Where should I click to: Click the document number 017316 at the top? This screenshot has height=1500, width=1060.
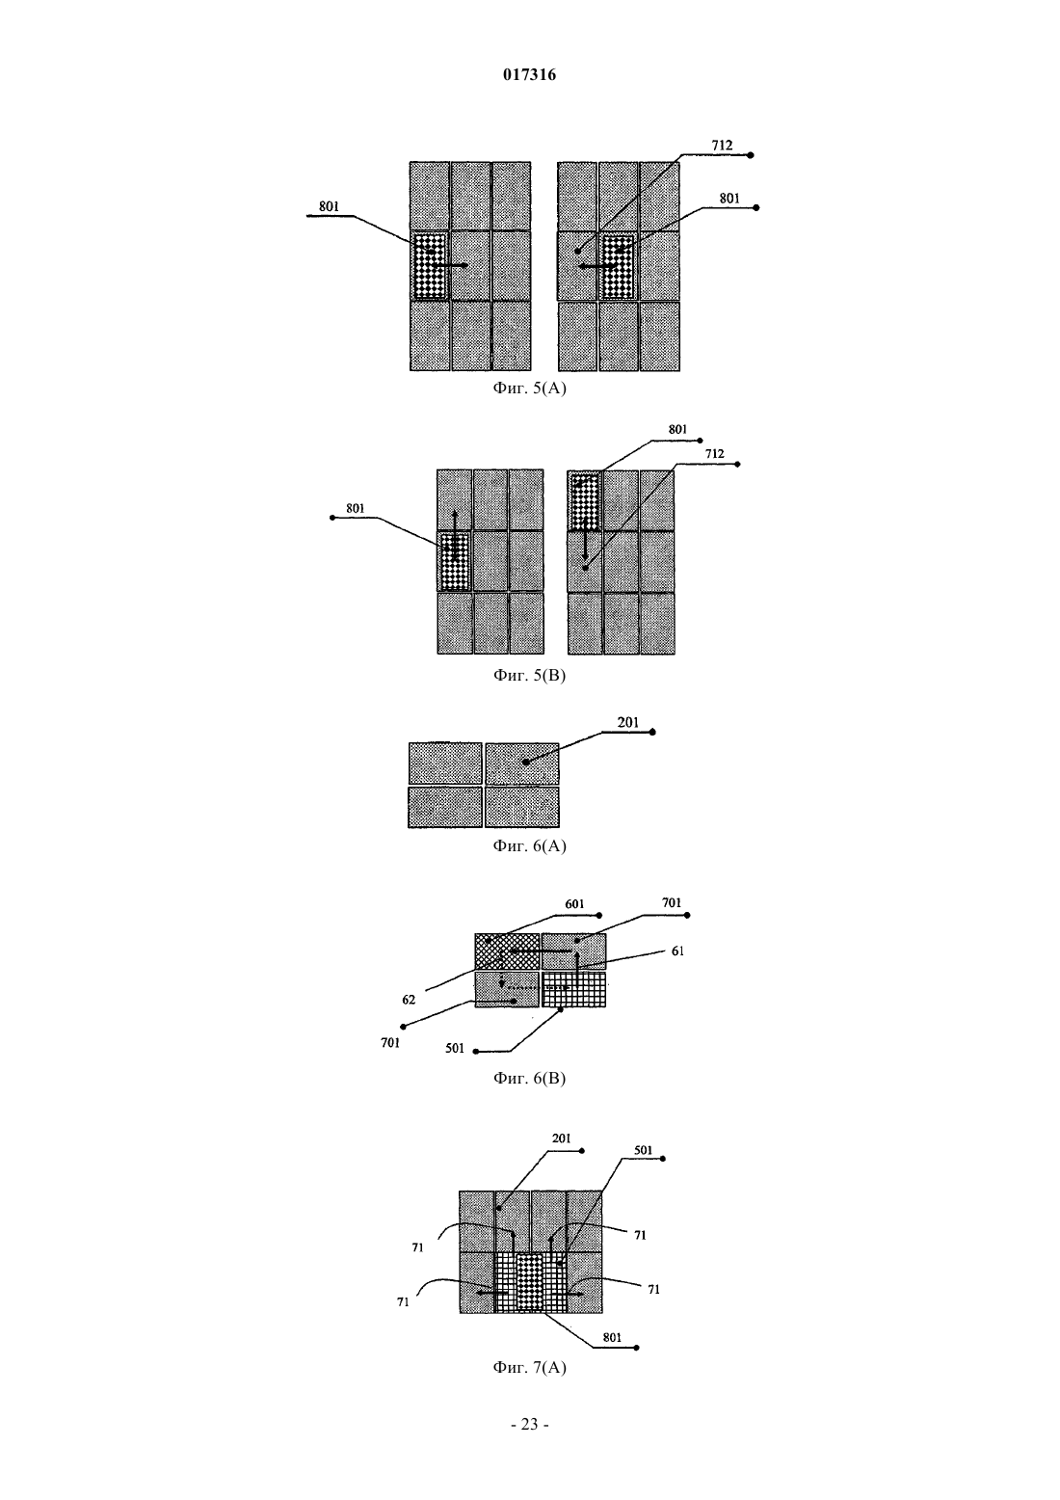pos(529,74)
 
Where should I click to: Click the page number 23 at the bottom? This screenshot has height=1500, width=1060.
pos(529,1425)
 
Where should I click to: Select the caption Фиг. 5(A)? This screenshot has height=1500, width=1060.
pos(529,388)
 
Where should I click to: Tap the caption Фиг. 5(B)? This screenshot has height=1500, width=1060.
pos(529,675)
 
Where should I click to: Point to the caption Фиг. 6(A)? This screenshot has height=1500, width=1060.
pos(529,845)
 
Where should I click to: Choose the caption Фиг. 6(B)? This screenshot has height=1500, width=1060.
pos(529,1078)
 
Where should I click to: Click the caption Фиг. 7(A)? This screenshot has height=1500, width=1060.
pos(529,1367)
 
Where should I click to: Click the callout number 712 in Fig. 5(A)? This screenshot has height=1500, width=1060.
pos(722,146)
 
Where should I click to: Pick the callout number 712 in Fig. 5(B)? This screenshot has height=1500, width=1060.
pos(715,454)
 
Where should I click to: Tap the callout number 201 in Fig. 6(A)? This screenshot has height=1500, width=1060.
pos(627,723)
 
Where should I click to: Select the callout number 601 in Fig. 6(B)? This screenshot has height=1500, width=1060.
pos(575,904)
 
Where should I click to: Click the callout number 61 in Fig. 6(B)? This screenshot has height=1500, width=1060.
pos(677,951)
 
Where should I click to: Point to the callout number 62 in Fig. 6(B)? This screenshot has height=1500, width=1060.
pos(409,1000)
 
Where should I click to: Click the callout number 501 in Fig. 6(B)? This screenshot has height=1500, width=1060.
pos(455,1049)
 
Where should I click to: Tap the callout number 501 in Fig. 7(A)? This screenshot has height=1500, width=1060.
pos(643,1150)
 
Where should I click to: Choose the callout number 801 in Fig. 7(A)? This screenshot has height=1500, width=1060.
pos(612,1337)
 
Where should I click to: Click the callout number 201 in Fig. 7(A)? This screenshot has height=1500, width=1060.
pos(562,1138)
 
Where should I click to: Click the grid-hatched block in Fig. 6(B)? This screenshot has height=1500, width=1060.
pos(574,989)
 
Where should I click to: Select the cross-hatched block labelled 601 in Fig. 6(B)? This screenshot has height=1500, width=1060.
pos(507,951)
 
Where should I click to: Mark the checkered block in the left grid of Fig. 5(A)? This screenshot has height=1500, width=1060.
pos(430,266)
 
